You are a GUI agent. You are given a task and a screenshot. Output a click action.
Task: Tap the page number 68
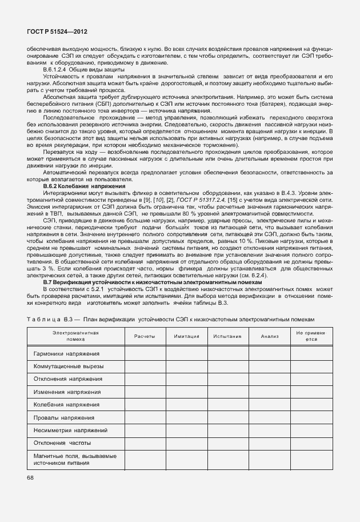tap(30, 477)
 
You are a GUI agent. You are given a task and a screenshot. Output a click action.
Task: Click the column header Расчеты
tap(145, 336)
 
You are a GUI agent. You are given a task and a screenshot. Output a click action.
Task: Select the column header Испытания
tap(227, 336)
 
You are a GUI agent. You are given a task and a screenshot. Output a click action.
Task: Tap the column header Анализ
tap(269, 336)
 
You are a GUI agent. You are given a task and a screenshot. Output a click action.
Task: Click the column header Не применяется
tap(310, 336)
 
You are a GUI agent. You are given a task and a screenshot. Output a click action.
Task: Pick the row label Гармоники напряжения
tap(66, 353)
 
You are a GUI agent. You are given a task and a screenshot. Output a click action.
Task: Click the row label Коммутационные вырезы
tap(71, 366)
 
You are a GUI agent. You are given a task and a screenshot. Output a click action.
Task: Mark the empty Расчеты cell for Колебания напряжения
tap(145, 404)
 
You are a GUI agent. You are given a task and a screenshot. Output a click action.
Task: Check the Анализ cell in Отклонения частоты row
tap(269, 443)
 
